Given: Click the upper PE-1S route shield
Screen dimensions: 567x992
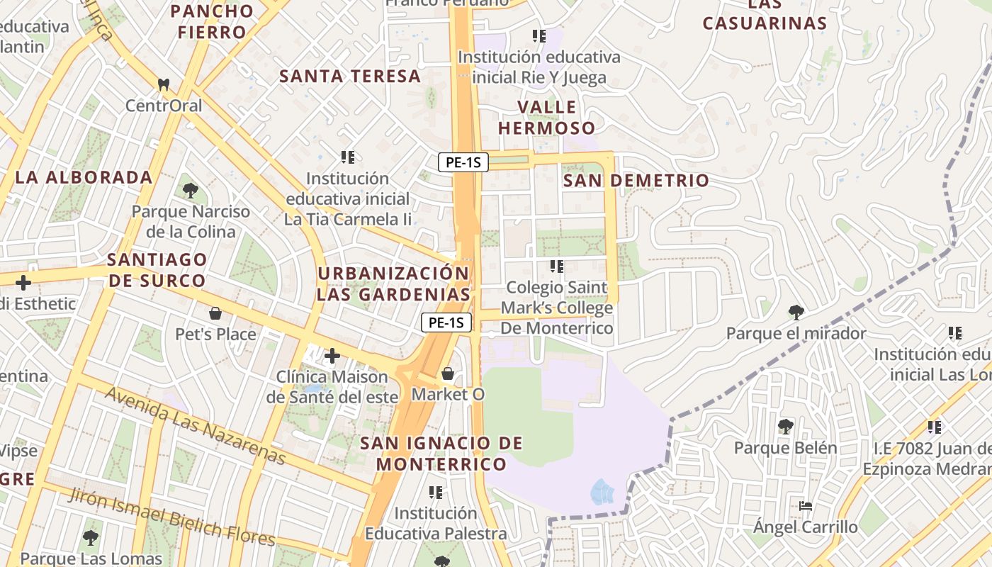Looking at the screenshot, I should point(463,162).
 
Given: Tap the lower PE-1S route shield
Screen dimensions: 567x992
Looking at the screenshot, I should point(446,322).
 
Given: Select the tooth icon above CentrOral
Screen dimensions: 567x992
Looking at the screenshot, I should point(164,84).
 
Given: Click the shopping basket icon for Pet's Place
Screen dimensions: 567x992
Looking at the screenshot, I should point(215,313).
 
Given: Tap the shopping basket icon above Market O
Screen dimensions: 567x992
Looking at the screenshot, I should point(448,373).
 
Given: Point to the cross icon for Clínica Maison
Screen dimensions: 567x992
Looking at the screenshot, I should point(332,355).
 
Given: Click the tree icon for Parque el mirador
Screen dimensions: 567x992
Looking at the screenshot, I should point(796,312).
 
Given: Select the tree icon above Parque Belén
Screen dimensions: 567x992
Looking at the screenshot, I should point(785,427).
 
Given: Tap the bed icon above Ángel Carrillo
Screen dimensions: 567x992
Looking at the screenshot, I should point(805,506).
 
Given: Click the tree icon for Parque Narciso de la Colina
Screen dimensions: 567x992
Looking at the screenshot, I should point(190,190).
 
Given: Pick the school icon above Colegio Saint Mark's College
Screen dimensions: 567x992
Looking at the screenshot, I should point(557,266).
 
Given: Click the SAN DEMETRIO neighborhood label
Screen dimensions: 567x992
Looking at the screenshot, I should point(636,181).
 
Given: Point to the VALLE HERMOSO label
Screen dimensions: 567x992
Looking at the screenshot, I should point(546,118).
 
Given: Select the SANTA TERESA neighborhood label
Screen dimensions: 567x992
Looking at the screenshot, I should point(350,77).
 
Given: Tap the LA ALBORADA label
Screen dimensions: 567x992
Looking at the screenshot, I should point(84,177).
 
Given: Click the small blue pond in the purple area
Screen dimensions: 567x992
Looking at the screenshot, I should point(602,490).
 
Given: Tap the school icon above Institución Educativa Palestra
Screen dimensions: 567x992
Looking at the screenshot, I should point(436,492).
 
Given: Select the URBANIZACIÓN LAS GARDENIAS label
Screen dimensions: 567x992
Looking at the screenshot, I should point(393,283).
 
